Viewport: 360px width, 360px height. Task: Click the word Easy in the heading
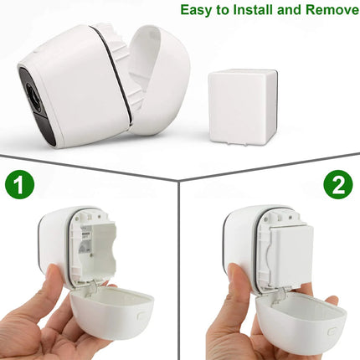click(197, 10)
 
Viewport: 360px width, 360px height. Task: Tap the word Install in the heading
click(253, 9)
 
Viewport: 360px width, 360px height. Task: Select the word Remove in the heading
click(332, 9)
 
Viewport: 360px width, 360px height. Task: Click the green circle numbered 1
click(19, 184)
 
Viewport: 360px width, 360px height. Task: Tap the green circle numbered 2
click(338, 184)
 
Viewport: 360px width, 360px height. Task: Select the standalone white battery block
click(243, 107)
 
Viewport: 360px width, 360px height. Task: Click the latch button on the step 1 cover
click(141, 316)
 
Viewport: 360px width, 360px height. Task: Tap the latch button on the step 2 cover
click(332, 332)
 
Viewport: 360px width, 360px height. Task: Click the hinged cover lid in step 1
click(111, 312)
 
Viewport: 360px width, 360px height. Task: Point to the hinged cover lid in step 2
click(301, 324)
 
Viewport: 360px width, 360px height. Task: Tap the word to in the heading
click(223, 10)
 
